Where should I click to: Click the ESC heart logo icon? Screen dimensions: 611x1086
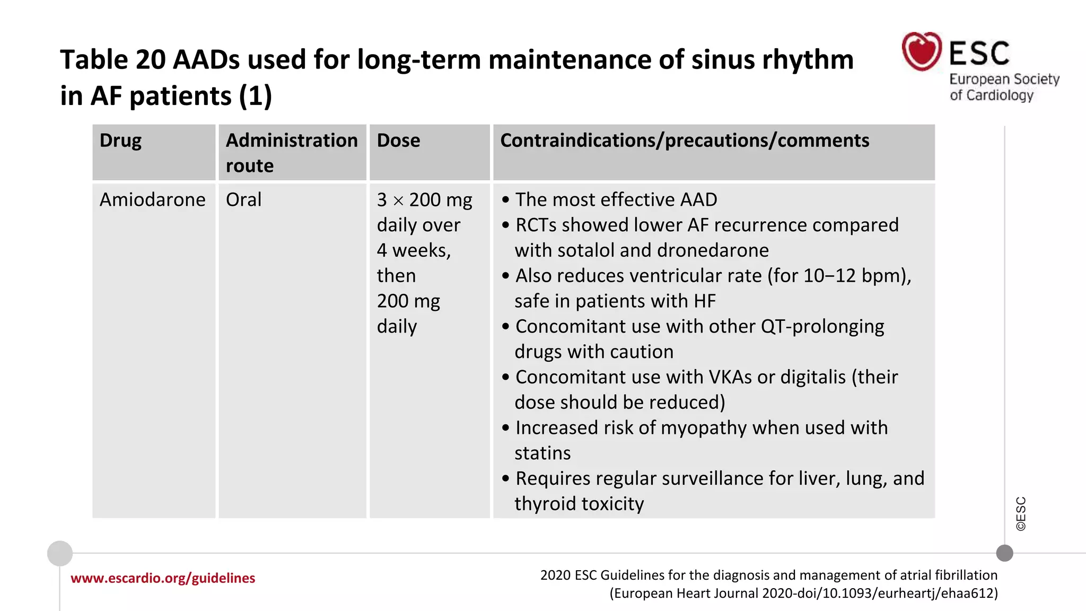tap(922, 51)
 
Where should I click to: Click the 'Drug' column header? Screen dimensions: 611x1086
tap(120, 141)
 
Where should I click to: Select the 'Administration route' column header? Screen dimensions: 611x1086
tap(292, 153)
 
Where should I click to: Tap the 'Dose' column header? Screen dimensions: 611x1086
tap(398, 141)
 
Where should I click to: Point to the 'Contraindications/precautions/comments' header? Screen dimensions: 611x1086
tap(684, 141)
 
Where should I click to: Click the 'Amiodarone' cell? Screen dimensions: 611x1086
tap(152, 200)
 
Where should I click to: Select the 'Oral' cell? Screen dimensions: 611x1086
tap(243, 200)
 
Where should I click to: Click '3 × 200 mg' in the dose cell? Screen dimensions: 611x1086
tap(424, 200)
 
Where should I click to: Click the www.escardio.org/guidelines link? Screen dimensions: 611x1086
tap(163, 578)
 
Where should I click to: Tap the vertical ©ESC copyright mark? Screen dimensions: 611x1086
tap(1021, 513)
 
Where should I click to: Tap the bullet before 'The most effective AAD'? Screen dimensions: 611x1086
tap(505, 200)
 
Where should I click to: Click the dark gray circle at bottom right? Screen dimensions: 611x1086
tap(1004, 553)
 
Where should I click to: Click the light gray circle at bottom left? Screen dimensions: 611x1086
tap(60, 553)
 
